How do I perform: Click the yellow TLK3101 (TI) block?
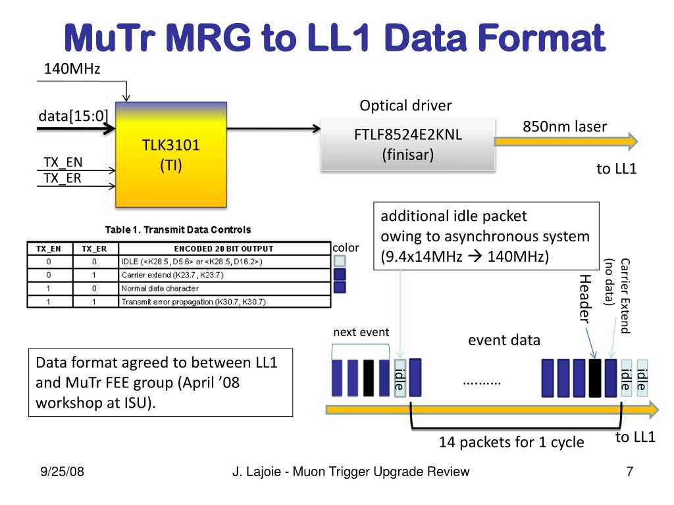[x=171, y=154]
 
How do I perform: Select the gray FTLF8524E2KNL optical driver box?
[x=408, y=144]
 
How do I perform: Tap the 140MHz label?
[x=72, y=68]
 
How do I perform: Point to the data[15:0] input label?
[x=73, y=116]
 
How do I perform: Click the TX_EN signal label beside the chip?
[x=63, y=162]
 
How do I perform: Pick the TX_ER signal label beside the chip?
[x=63, y=178]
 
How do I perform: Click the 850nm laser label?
[x=565, y=126]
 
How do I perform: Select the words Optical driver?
[x=405, y=106]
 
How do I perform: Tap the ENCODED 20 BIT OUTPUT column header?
[x=223, y=249]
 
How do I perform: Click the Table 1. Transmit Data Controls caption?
[x=178, y=230]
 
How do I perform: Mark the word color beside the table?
[x=346, y=248]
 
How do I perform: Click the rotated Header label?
[x=584, y=299]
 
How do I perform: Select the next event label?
[x=361, y=332]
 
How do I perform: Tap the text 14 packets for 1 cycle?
[x=511, y=442]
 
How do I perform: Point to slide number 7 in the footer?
[x=629, y=471]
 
